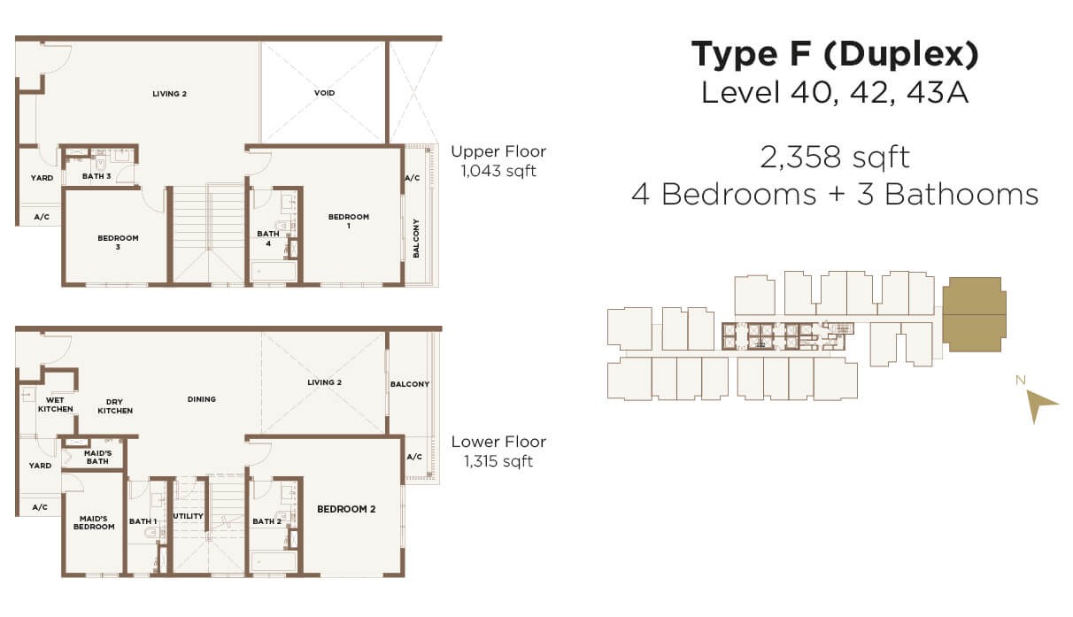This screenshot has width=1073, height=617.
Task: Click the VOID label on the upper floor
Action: coord(324,93)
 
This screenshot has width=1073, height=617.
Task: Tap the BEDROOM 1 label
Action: coord(349,220)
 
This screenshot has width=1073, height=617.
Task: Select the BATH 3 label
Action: coord(96,176)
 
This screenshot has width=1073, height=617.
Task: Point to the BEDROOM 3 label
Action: coord(118,242)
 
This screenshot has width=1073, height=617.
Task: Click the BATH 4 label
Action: coord(268,238)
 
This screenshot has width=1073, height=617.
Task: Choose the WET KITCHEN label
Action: coord(56,405)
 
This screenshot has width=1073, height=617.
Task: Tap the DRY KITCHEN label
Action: coord(115,406)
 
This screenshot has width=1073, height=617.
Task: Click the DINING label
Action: coord(202,399)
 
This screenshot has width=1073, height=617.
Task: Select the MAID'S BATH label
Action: coord(97,457)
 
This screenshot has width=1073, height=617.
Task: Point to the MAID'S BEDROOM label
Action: coord(94,522)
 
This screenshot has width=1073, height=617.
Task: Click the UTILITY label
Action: coord(189,516)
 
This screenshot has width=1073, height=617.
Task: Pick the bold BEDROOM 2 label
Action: coord(346,509)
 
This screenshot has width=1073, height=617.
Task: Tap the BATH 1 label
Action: coord(143,521)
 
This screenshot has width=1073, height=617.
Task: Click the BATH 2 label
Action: coord(267,521)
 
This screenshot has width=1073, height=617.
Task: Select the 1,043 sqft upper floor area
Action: coord(498,171)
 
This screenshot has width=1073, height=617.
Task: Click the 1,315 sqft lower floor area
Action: coord(498,461)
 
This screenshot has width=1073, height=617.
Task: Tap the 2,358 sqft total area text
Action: coord(835,158)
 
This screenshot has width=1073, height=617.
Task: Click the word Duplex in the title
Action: coord(901,54)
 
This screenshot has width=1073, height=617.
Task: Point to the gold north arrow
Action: coord(1039,405)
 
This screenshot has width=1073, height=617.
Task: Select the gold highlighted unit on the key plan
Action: coord(975,314)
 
